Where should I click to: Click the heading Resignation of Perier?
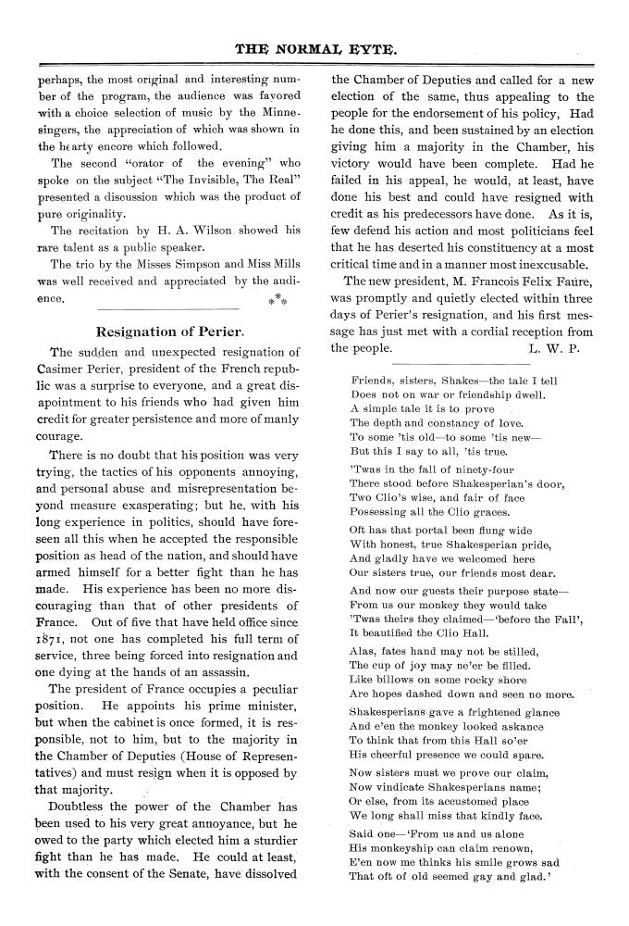(170, 331)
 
